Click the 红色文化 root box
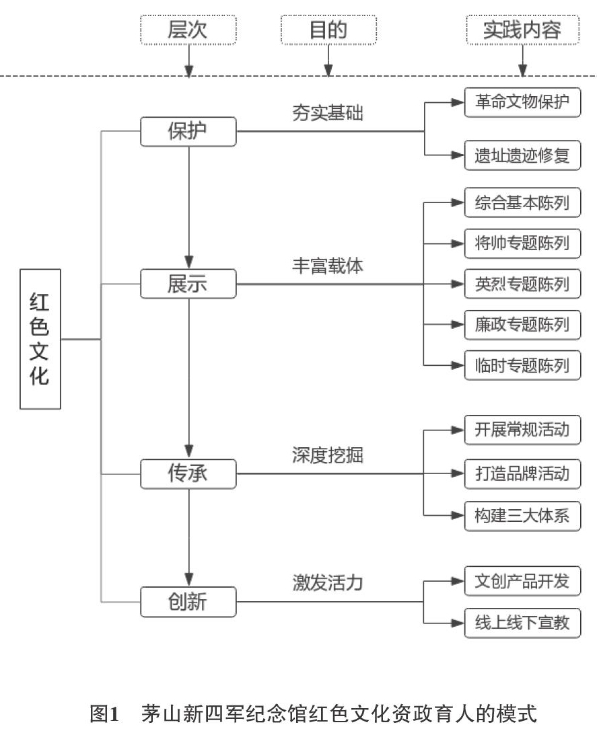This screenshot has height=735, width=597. point(40,339)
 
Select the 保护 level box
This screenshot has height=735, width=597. point(188,132)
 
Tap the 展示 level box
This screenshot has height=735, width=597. point(188,284)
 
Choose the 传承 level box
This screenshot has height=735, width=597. point(188,474)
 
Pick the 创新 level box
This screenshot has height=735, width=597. point(188,602)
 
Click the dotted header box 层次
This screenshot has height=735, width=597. point(188,30)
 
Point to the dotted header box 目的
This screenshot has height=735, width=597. point(328,30)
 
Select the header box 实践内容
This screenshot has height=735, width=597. point(523,30)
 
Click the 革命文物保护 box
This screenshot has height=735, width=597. point(522,102)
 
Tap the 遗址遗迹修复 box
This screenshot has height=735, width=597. point(522,155)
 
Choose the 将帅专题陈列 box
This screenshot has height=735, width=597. point(522,243)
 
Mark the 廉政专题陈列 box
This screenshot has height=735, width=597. point(522,324)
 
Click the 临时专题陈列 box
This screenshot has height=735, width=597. point(522,365)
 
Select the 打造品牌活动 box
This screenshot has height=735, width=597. point(522,473)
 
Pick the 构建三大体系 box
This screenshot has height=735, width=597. point(522,516)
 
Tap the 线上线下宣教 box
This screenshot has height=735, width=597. point(522,623)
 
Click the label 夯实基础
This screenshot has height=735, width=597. point(328,113)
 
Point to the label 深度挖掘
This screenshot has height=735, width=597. point(328,455)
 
